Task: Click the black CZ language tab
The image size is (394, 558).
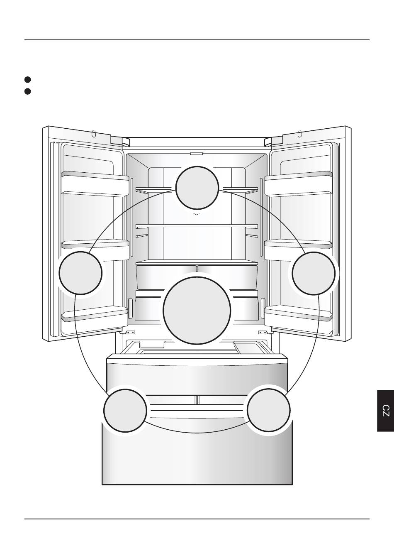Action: pos(386,411)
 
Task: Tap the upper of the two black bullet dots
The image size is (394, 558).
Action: pos(28,80)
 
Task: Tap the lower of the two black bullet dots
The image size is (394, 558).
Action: pos(28,91)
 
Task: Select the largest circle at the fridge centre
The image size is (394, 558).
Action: pos(197,311)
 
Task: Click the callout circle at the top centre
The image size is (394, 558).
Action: pos(197,187)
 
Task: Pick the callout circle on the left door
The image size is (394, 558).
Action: pos(80,273)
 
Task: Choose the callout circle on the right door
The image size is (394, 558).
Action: pos(314,273)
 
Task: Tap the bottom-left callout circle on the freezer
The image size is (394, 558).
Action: pos(125,410)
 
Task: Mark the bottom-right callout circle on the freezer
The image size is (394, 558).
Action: pos(269,410)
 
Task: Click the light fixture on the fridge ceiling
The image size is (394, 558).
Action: pos(197,154)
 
